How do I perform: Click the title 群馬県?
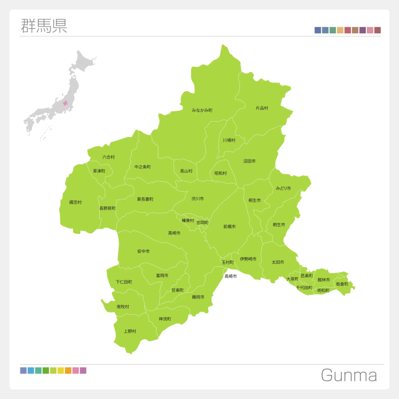[44, 26]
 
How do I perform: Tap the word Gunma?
[349, 376]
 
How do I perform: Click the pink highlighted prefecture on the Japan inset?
[65, 103]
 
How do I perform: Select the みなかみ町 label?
[202, 110]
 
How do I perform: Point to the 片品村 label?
[262, 108]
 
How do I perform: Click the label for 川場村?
[229, 140]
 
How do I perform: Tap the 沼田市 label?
[249, 161]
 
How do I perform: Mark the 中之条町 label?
[142, 167]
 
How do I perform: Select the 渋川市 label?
[198, 198]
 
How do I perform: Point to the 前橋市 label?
[229, 227]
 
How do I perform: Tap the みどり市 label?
[283, 188]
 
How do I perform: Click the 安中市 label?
[144, 252]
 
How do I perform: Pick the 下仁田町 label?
[124, 282]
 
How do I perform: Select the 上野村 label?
[130, 331]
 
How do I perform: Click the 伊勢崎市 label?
[248, 259]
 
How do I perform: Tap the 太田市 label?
[278, 262]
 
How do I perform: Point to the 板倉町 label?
[342, 284]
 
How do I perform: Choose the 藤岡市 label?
[198, 297]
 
